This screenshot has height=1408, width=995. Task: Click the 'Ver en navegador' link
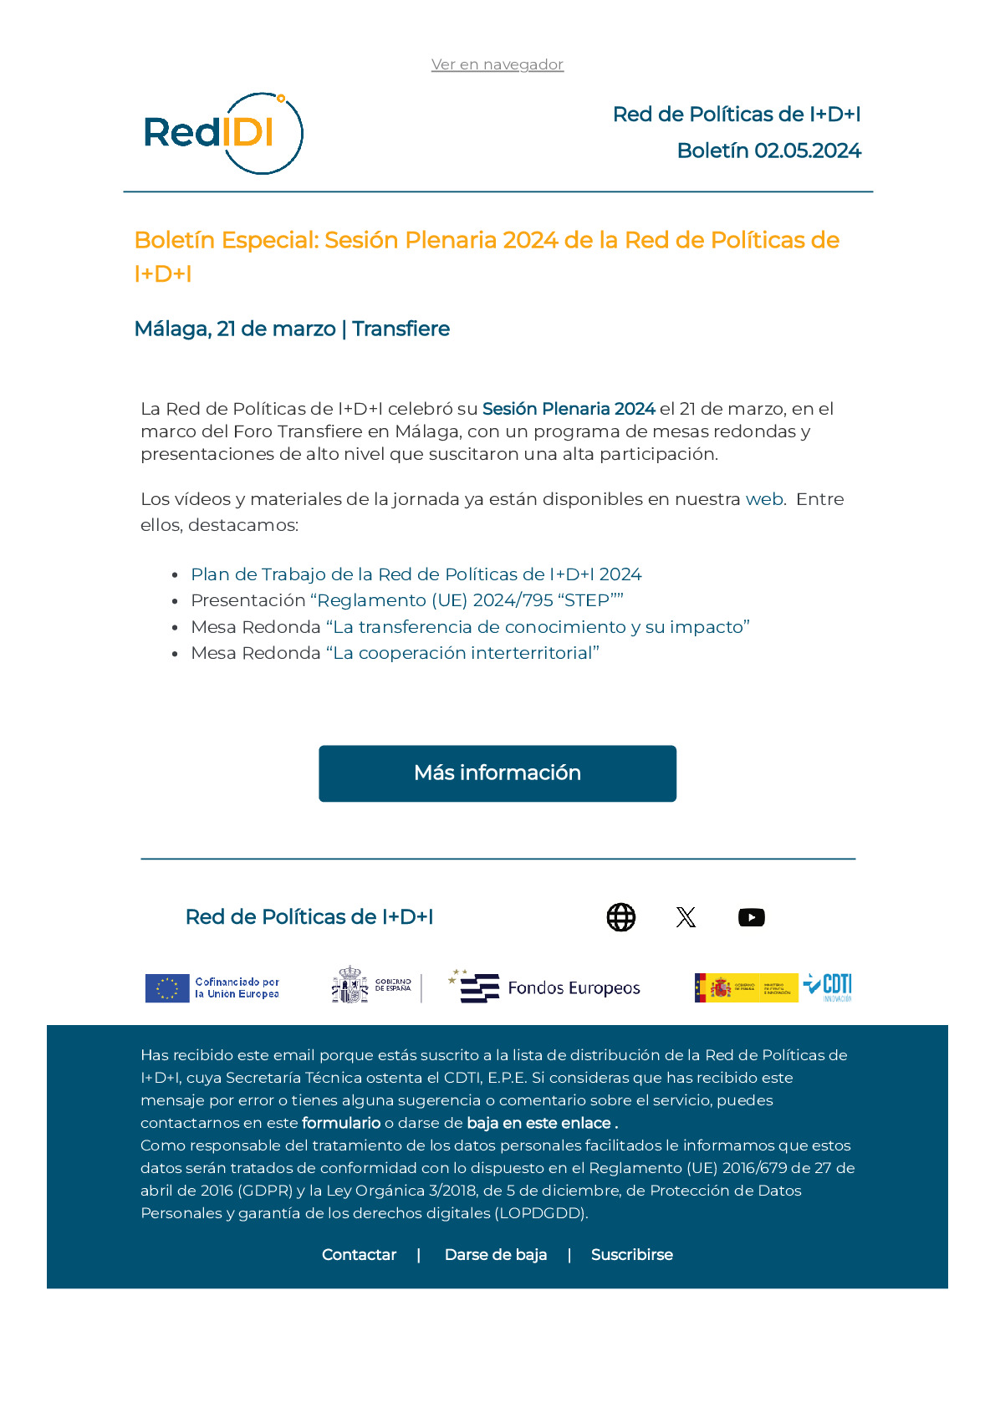497,64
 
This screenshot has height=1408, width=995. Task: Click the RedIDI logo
223,133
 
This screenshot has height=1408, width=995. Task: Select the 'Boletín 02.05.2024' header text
768,150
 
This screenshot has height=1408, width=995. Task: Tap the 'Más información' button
497,773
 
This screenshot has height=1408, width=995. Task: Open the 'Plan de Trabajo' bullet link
416,574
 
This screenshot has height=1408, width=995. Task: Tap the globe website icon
620,917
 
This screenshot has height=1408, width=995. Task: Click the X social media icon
686,917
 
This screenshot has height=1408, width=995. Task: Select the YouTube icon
752,917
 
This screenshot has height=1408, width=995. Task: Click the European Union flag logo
167,988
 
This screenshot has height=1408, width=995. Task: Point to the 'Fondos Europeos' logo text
574,988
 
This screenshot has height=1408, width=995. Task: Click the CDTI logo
829,987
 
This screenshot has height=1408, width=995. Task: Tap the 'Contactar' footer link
359,1255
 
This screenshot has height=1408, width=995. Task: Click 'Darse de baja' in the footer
496,1255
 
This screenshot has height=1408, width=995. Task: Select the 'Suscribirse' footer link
631,1255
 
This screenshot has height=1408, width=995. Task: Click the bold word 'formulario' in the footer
341,1123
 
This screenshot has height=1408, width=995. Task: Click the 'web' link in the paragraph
764,499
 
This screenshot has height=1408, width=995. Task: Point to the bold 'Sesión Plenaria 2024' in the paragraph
569,409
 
